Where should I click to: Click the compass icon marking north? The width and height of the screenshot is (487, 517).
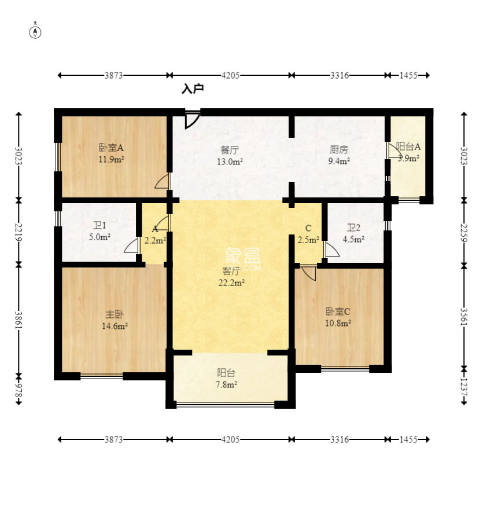[35, 32]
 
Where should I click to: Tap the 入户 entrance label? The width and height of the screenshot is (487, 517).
[193, 89]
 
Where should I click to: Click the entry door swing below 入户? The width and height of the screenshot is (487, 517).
[193, 120]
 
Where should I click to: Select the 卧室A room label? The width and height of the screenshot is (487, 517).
[111, 148]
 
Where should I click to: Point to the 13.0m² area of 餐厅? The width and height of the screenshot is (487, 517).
[230, 162]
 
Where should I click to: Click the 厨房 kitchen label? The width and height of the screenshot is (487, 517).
[339, 150]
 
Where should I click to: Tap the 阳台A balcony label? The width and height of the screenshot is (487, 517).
[408, 146]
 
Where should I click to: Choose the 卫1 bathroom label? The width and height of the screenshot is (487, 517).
[99, 226]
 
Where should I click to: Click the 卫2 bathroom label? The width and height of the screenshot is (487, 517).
[353, 228]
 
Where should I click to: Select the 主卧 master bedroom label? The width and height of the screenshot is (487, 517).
[115, 314]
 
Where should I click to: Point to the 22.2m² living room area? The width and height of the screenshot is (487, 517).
[231, 283]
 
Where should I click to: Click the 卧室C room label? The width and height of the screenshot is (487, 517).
[338, 311]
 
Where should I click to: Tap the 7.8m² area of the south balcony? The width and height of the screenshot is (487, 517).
[227, 384]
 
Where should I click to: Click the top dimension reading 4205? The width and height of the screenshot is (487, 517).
[230, 75]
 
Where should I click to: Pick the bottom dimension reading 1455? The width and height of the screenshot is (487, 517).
[408, 439]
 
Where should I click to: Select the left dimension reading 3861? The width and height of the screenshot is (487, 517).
[19, 320]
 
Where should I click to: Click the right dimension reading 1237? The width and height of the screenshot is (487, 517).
[464, 387]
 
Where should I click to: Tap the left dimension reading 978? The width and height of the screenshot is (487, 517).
[19, 390]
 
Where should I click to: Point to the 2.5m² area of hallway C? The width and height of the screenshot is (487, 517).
[308, 240]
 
